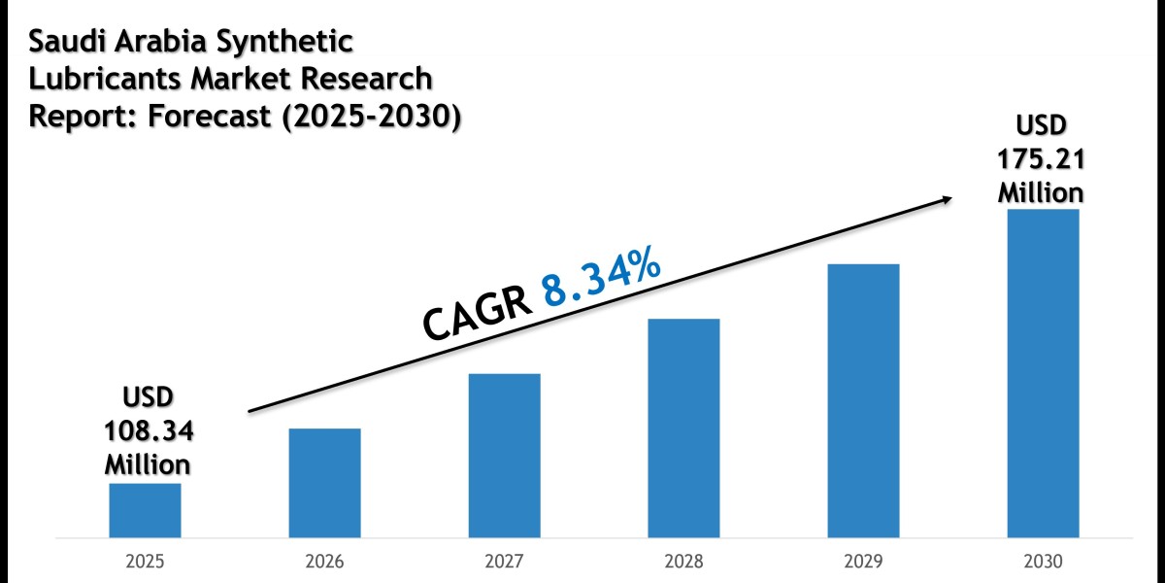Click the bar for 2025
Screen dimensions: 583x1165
145,510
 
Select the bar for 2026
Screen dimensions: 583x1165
324,483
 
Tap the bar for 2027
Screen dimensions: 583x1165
504,455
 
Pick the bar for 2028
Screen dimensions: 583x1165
683,428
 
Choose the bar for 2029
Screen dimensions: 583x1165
863,400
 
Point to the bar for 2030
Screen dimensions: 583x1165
1043,373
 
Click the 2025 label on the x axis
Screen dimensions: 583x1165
145,562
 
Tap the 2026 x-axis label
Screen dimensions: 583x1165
324,562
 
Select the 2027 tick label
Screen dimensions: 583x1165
504,562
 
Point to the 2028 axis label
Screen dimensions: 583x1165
683,562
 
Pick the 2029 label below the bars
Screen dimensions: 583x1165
863,562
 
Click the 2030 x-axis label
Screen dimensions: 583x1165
1043,562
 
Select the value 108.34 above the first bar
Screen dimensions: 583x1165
148,429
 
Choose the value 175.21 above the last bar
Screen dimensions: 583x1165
1042,156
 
